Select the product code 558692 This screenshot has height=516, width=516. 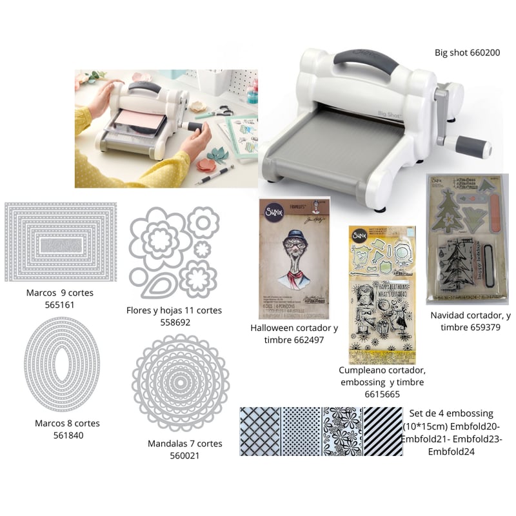coord(174,322)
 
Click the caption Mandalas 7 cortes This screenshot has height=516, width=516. coord(184,444)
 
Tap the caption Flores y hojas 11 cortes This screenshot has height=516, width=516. coord(174,310)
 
